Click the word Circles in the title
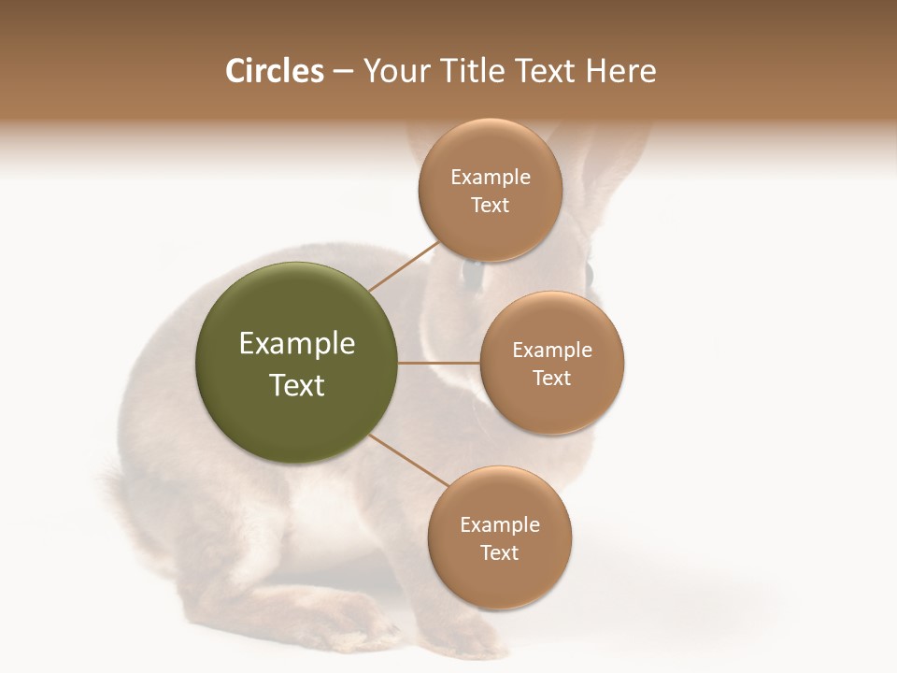[x=275, y=71]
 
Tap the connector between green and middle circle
[x=438, y=362]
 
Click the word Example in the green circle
[x=297, y=344]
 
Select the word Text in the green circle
[x=297, y=385]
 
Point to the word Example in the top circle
[x=491, y=178]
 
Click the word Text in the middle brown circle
[x=551, y=378]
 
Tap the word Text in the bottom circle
[x=499, y=552]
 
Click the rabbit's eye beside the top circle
[x=472, y=274]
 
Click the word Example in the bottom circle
[x=500, y=524]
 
